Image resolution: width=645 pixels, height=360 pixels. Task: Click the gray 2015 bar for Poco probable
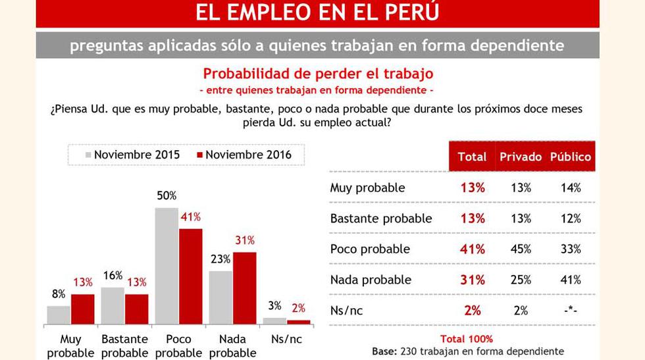pos(167,266)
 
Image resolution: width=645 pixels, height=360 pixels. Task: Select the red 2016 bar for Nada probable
pos(244,288)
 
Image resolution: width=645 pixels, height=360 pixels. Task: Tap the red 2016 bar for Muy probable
pos(82,309)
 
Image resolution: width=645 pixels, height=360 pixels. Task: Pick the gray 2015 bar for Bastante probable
pos(113,306)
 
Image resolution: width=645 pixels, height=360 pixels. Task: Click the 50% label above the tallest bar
pos(167,196)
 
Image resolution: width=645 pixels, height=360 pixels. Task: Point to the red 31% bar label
pos(244,240)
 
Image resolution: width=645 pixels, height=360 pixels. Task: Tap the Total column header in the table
pos(472,157)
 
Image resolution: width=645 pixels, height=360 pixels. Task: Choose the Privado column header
pos(520,157)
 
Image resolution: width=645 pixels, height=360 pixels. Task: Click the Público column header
pos(570,157)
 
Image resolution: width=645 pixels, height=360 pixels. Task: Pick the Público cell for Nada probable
pos(570,280)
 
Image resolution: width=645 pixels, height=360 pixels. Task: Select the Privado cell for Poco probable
pos(521,249)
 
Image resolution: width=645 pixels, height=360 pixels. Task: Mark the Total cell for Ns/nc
pos(472,311)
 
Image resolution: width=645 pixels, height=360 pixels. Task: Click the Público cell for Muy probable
pos(570,188)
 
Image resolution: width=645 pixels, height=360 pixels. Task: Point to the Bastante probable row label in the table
pos(380,219)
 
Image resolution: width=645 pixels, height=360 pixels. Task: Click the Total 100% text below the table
pos(466,339)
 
